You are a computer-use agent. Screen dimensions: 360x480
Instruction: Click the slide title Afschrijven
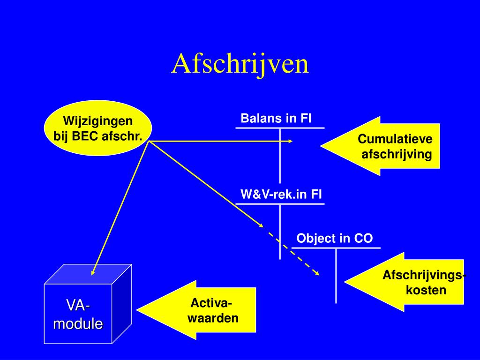pyautogui.click(x=240, y=65)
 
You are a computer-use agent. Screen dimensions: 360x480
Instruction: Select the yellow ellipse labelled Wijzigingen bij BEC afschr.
pyautogui.click(x=98, y=128)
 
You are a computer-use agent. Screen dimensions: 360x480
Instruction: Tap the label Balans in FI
pyautogui.click(x=276, y=118)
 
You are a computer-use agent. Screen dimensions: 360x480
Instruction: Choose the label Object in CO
pyautogui.click(x=335, y=239)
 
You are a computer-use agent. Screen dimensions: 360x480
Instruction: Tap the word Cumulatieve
pyautogui.click(x=395, y=139)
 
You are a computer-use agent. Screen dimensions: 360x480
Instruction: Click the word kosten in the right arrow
pyautogui.click(x=426, y=290)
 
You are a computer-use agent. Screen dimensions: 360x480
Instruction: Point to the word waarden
pyautogui.click(x=213, y=318)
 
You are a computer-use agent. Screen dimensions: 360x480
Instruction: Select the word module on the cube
pyautogui.click(x=78, y=323)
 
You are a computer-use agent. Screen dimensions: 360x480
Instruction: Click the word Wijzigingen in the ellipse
pyautogui.click(x=98, y=121)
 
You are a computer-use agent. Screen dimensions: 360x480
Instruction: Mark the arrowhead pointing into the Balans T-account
pyautogui.click(x=290, y=141)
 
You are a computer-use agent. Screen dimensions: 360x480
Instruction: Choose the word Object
pyautogui.click(x=316, y=239)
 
